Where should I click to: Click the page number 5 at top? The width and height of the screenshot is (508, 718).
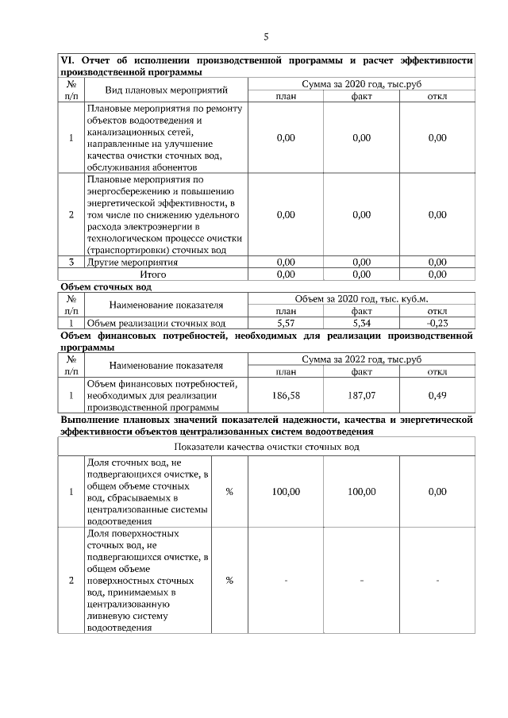(x=267, y=36)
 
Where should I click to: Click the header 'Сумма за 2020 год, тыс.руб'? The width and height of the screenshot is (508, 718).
(x=361, y=83)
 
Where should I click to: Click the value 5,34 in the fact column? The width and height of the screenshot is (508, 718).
(x=361, y=324)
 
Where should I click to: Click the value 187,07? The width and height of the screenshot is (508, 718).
(x=361, y=394)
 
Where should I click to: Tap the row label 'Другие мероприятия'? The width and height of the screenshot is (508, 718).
(x=133, y=262)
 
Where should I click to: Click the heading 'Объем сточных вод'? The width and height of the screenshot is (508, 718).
(x=106, y=286)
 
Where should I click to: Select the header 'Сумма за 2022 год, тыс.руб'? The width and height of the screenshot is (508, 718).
(x=361, y=359)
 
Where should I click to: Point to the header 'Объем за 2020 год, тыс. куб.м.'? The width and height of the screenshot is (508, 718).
(x=361, y=299)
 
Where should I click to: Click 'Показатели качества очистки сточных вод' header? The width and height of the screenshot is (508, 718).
(x=267, y=447)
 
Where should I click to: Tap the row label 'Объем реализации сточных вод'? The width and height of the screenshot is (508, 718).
(x=156, y=324)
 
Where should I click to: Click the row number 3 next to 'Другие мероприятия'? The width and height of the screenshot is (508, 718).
(x=71, y=262)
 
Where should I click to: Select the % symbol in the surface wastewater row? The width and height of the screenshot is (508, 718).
(x=229, y=581)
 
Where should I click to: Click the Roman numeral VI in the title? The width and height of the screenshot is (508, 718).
(x=67, y=60)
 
